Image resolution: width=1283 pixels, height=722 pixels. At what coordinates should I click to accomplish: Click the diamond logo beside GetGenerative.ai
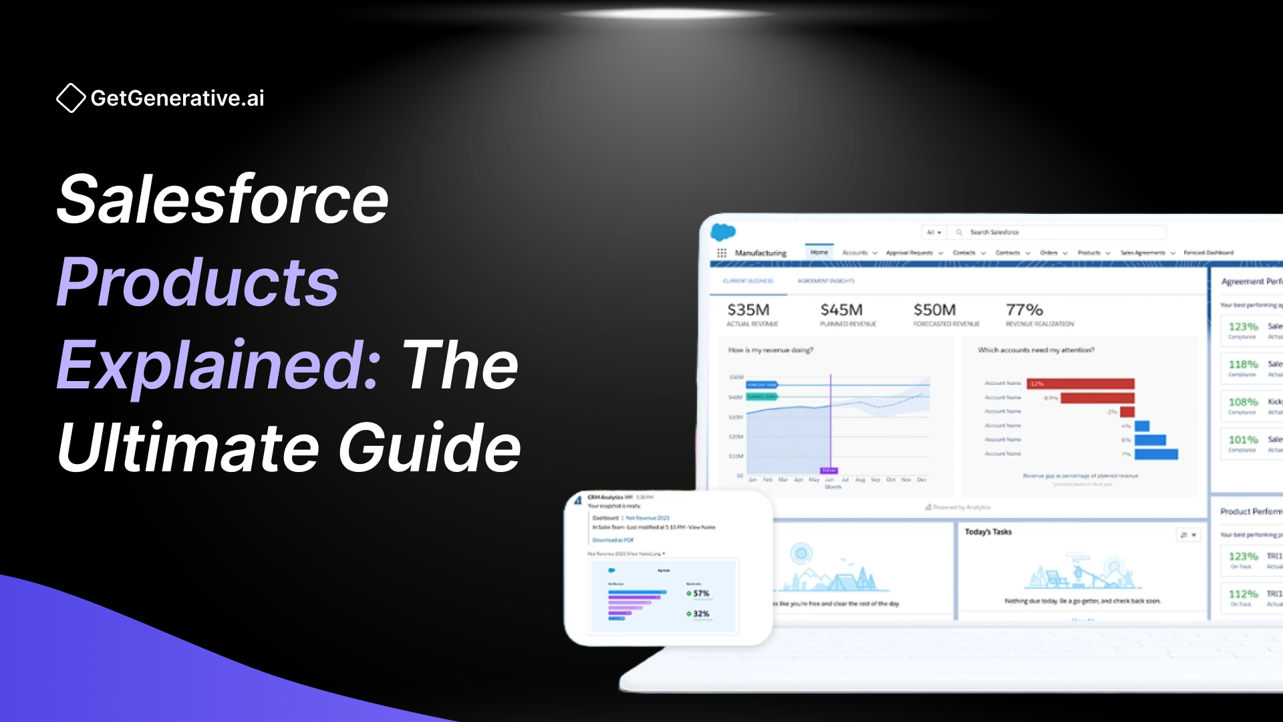tap(71, 98)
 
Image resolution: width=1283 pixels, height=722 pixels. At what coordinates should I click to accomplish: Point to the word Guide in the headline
tap(429, 448)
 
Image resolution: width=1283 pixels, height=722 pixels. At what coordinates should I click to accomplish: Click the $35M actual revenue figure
tap(748, 310)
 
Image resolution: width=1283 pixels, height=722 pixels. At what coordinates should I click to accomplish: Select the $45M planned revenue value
tap(841, 310)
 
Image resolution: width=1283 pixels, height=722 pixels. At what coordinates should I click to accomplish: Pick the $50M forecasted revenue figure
tap(934, 310)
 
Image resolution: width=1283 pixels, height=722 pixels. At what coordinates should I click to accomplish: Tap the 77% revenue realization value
tap(1024, 310)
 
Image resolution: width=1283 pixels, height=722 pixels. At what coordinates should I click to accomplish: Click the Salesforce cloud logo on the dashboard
tap(723, 232)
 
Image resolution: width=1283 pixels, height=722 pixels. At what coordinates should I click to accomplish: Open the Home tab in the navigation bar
tap(819, 253)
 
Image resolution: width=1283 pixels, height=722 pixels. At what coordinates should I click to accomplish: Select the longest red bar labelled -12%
tap(1082, 384)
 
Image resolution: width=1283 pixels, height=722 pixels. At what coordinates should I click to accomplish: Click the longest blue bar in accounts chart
tap(1156, 455)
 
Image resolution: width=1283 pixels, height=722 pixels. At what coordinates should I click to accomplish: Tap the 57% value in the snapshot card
tap(700, 594)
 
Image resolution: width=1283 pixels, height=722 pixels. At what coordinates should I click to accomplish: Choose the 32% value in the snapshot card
tap(700, 614)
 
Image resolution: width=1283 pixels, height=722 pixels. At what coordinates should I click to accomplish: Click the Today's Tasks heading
tap(988, 532)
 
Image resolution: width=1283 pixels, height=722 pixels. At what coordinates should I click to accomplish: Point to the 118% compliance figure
tap(1243, 364)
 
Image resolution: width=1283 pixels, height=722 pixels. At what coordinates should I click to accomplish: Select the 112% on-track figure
tap(1243, 594)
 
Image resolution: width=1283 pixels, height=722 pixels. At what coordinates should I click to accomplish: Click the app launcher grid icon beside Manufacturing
tap(722, 253)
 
